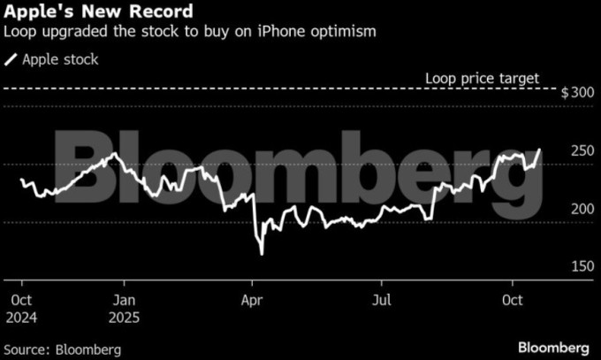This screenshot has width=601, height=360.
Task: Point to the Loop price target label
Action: pos(482,78)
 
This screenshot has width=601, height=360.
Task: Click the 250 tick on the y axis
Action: pos(580,151)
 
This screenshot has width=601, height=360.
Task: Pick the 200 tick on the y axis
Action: pos(580,209)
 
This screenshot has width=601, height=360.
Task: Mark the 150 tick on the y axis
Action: pos(580,266)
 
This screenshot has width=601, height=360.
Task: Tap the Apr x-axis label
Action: pos(253,300)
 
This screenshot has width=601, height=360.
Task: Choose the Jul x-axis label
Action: pos(382,300)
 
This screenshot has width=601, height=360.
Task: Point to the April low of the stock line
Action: pos(262,255)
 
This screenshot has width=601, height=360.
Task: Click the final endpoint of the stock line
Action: pos(542,149)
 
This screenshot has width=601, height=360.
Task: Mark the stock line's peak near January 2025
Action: pos(113,154)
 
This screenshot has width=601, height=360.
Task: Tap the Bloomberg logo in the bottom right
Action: pos(554,347)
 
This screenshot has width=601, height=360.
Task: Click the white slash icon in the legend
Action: pos(11,59)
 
